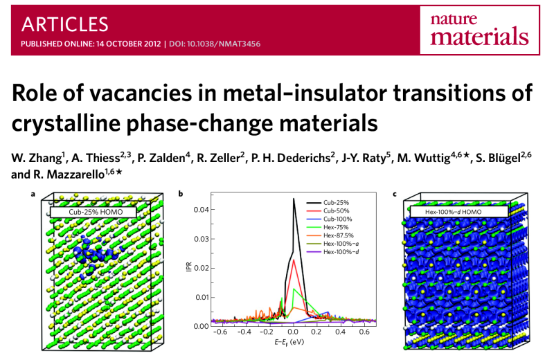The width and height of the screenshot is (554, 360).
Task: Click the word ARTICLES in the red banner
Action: coord(65,24)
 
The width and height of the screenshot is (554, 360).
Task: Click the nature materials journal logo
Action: coord(479,28)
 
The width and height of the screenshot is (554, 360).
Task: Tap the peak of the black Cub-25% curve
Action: coord(294,199)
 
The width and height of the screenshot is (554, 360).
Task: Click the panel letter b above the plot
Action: coord(181,193)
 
